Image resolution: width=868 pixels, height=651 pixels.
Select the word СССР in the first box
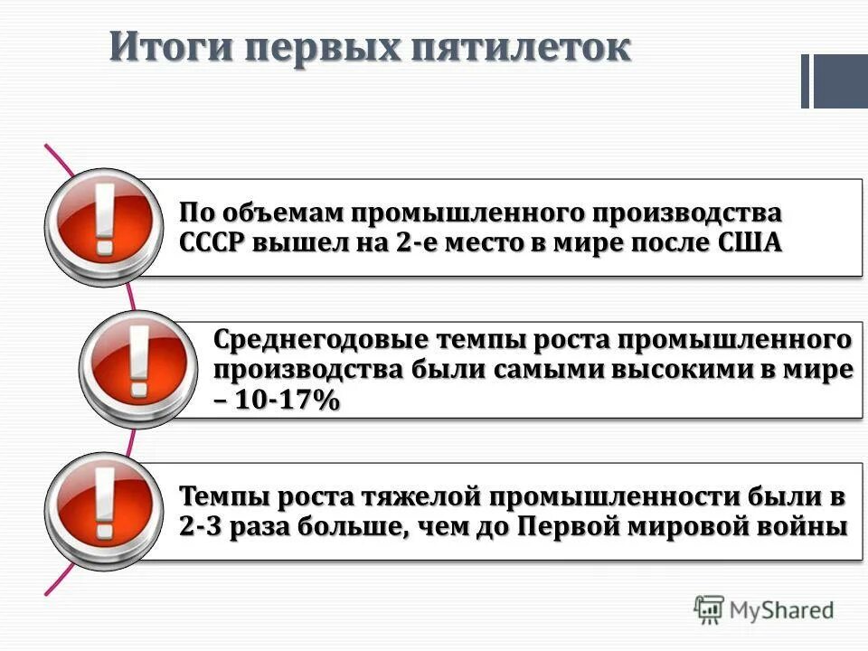point(212,243)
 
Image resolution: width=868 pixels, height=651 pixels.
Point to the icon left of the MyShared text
point(710,610)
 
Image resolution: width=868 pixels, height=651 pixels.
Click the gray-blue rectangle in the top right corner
point(839,81)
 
